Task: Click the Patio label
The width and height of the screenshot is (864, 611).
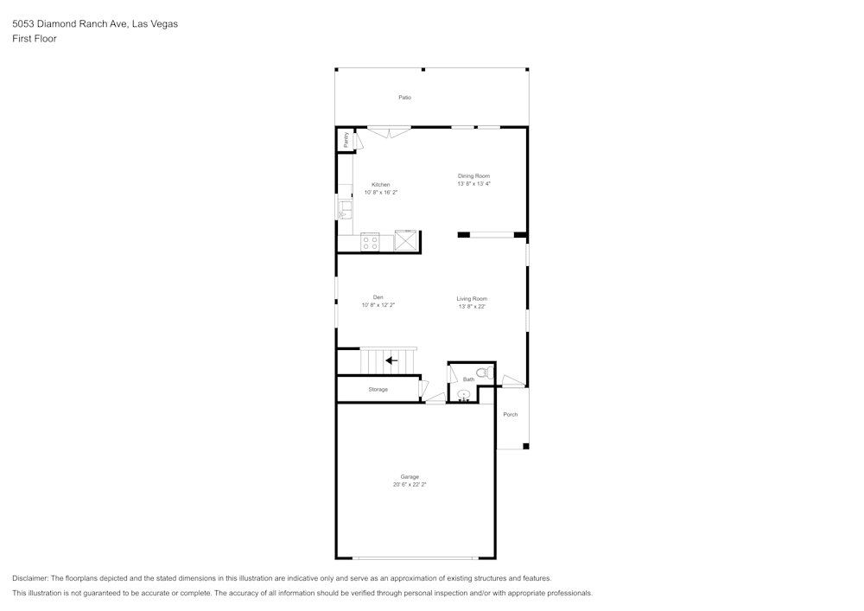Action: click(404, 98)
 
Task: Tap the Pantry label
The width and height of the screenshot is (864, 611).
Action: click(346, 140)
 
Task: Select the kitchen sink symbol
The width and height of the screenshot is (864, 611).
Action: click(345, 207)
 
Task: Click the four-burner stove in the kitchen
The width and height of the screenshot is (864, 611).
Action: click(371, 242)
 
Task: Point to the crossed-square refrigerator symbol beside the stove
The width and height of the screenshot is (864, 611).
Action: click(405, 240)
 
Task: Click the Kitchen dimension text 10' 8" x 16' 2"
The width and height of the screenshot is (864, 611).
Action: click(381, 193)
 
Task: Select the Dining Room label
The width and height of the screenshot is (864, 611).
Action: click(473, 176)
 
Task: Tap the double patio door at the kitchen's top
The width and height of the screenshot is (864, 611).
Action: click(389, 131)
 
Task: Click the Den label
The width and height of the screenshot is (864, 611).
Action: click(378, 297)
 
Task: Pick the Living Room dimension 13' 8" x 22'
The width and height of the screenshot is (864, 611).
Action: click(472, 307)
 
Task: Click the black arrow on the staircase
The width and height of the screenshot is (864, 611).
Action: click(391, 360)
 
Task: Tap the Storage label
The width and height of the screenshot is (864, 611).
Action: click(378, 390)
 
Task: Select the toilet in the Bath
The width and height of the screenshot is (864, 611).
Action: click(484, 372)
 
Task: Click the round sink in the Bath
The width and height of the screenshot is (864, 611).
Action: click(464, 395)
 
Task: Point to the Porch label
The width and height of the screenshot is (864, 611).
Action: click(511, 415)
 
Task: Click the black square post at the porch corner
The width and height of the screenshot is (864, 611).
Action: click(526, 446)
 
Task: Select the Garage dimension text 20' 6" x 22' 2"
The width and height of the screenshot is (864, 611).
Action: click(410, 485)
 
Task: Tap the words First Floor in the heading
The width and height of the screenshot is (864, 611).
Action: click(35, 39)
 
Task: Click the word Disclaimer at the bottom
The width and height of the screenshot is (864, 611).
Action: click(30, 578)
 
